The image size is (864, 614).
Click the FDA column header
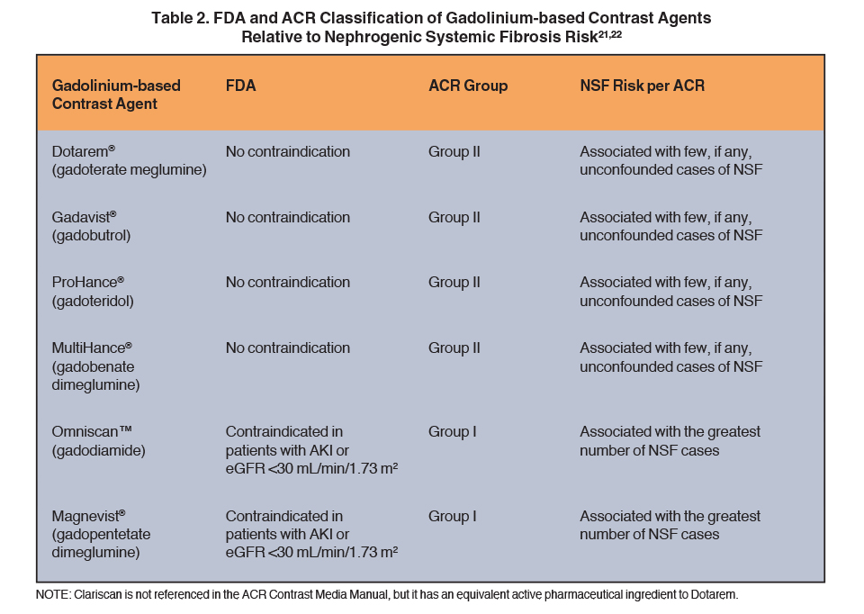(241, 86)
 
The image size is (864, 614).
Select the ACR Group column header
(468, 86)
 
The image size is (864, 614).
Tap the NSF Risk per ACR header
(642, 86)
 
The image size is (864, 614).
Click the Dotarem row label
(129, 160)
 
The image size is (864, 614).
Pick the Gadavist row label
(91, 226)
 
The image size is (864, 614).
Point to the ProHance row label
(93, 292)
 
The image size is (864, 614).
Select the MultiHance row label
(95, 366)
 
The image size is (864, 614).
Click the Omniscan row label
(99, 441)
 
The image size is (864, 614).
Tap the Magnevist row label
(101, 534)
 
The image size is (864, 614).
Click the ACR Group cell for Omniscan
(452, 431)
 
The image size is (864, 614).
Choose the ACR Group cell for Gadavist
(454, 217)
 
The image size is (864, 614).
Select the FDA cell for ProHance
(288, 282)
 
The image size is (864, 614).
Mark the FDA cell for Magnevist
(311, 534)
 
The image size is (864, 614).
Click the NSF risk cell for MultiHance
(670, 357)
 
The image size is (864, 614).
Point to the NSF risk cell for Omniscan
(670, 441)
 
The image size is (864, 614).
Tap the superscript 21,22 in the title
(610, 33)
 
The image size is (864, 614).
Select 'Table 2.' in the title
(180, 18)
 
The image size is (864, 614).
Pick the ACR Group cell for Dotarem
(454, 151)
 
